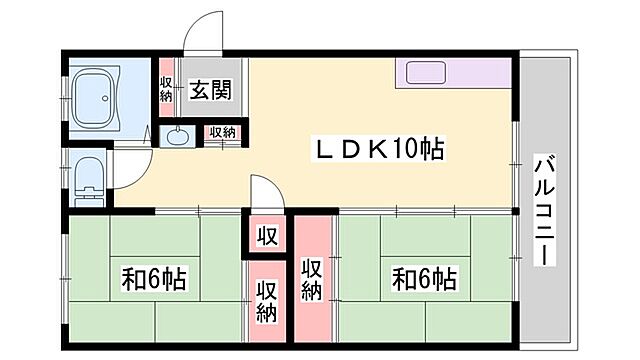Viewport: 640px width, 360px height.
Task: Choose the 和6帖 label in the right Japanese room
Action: click(424, 277)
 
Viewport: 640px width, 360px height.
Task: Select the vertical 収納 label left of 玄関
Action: click(167, 88)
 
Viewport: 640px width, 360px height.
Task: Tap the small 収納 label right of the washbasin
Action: click(222, 132)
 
